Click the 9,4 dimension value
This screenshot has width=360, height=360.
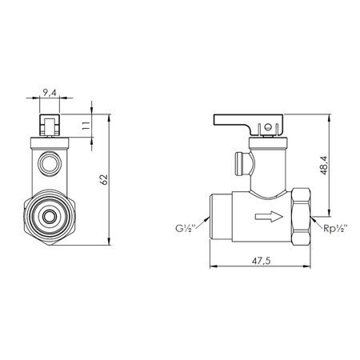click(50, 92)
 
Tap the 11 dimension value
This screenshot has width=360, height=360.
click(86, 126)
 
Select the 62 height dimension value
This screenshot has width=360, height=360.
click(104, 179)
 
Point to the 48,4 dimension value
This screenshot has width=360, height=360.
click(324, 166)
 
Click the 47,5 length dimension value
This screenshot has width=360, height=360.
click(261, 261)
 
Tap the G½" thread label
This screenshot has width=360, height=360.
click(186, 228)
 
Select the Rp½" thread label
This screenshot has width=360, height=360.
click(335, 229)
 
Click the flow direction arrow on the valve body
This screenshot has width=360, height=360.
click(269, 216)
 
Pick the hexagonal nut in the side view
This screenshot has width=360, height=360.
click(301, 217)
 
